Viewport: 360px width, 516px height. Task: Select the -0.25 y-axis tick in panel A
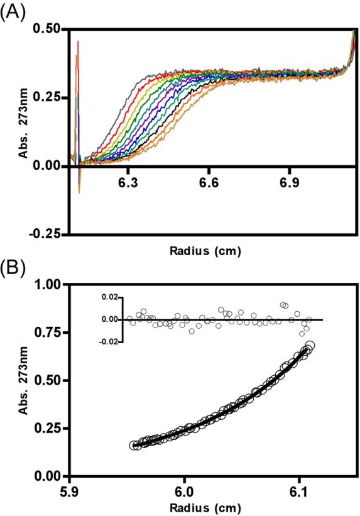click(x=48, y=234)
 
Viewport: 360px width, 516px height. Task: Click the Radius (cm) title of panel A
click(x=204, y=250)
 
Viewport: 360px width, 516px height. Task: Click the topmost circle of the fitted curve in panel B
click(x=309, y=345)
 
